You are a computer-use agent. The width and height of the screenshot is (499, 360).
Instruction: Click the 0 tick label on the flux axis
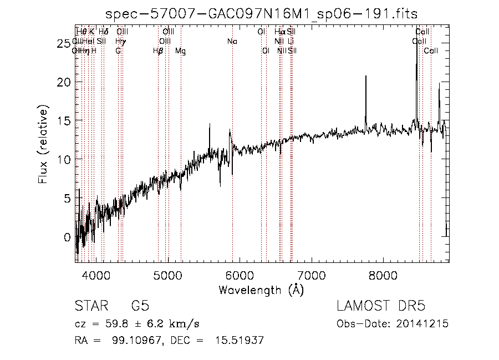(68, 237)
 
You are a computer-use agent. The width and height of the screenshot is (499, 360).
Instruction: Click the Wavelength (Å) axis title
(261, 290)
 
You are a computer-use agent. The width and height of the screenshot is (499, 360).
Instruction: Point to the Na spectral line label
(232, 41)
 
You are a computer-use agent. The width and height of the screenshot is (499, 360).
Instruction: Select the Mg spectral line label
(180, 50)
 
